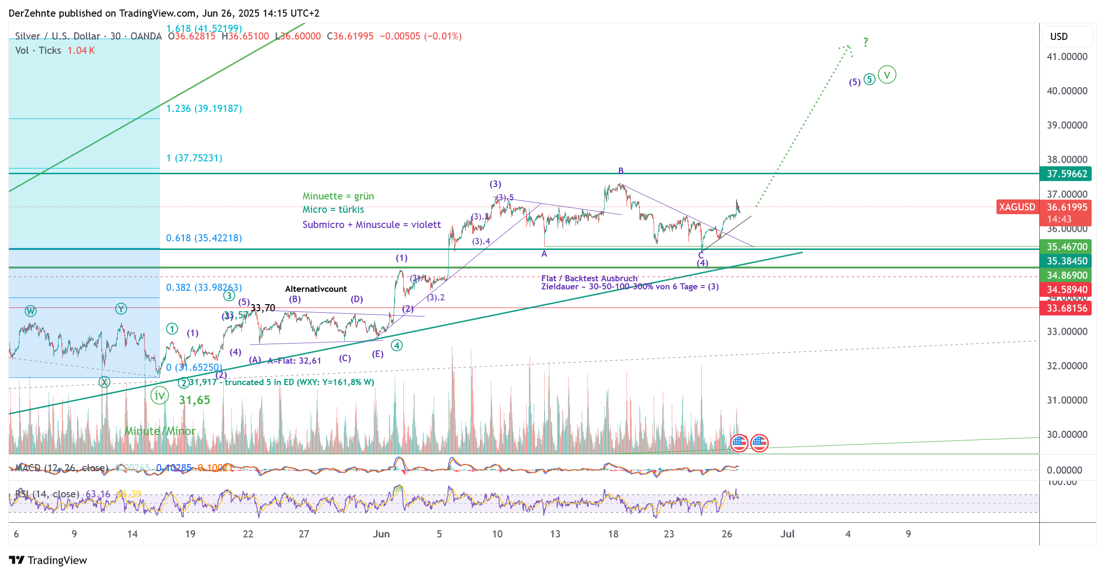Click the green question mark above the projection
pos(866,42)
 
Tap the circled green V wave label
pos(886,75)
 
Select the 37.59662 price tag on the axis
pos(1066,174)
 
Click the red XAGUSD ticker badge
pos(1017,207)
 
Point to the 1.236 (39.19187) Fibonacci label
pos(204,109)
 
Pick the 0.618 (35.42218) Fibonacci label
pos(204,238)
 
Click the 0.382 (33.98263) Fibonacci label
pos(204,287)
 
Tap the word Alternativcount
pos(316,289)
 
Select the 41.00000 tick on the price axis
pos(1067,57)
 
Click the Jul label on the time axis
pos(787,534)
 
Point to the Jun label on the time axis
pos(381,534)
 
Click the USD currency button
pos(1059,37)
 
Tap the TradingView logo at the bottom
pos(48,560)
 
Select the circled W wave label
pos(30,311)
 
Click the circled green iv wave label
pos(159,396)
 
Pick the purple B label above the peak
pos(621,171)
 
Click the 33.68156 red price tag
pos(1066,308)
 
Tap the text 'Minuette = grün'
pos(338,196)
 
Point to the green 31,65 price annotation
pos(194,400)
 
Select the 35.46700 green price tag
pos(1066,247)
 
